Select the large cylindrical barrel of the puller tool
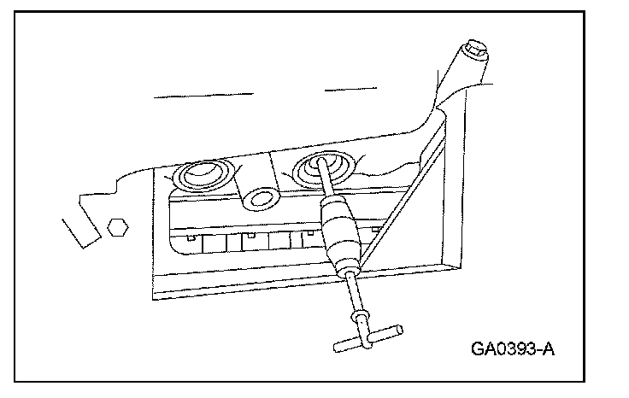339,229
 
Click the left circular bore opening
202,178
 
